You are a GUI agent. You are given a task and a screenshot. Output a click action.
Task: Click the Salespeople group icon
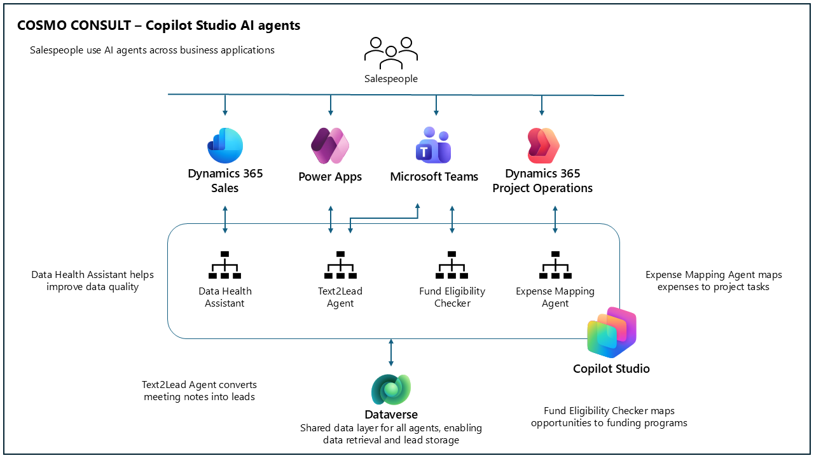pos(391,53)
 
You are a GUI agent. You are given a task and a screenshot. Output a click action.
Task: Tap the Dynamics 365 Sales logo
pos(225,146)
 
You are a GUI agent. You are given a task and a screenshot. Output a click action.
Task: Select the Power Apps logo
pos(330,146)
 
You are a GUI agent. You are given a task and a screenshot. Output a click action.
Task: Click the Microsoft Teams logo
pos(434,145)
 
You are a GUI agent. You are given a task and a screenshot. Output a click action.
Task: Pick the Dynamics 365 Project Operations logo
pos(543,146)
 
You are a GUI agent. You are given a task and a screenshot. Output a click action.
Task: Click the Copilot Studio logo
pos(612,332)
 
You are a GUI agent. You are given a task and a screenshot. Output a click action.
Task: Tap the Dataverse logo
pos(391,389)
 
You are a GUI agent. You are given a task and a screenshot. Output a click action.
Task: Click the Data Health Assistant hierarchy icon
pos(225,265)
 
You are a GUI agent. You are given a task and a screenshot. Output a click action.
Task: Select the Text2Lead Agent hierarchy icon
pos(340,265)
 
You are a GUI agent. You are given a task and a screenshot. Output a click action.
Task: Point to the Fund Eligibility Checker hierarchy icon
pos(452,265)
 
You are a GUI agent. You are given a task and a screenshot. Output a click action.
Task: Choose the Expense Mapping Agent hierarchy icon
pos(555,265)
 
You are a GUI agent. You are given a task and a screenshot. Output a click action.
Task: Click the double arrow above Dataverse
pos(391,352)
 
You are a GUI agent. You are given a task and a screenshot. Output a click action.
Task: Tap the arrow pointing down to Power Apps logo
pos(330,105)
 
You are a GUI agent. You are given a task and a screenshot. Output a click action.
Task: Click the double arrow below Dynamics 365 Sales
pos(225,219)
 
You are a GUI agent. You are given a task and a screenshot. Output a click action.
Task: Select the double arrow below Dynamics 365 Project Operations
pos(555,219)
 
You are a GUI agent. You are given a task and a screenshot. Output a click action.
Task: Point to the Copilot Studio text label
pos(611,368)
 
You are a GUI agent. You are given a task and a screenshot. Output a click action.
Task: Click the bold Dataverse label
pos(391,414)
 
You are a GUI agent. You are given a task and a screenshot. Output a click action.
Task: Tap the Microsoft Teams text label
pos(434,177)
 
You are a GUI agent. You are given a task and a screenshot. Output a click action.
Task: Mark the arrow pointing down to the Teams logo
pos(436,105)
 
